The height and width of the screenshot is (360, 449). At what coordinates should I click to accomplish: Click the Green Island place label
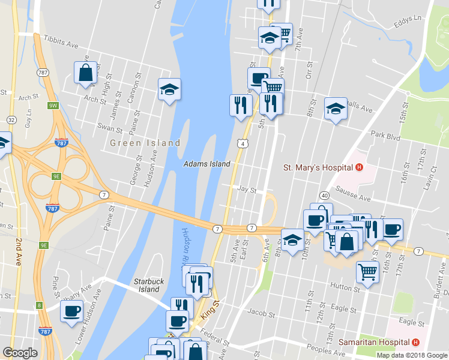(145, 143)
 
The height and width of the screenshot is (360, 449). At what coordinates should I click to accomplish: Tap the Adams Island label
(207, 164)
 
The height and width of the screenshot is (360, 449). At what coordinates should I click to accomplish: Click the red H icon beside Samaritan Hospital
(415, 342)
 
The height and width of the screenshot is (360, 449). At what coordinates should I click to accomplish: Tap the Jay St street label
(247, 190)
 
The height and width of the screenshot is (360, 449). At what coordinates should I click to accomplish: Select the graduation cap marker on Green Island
(169, 90)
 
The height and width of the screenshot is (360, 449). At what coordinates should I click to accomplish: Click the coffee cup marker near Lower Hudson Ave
(71, 311)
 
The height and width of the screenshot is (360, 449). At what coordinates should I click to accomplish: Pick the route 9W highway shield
(53, 106)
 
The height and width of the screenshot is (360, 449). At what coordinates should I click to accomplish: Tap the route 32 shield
(11, 120)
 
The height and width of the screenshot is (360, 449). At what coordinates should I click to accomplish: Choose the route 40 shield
(324, 196)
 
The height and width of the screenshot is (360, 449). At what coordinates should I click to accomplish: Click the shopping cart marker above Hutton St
(367, 272)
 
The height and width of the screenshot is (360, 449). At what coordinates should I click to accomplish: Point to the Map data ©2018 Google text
(412, 355)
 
